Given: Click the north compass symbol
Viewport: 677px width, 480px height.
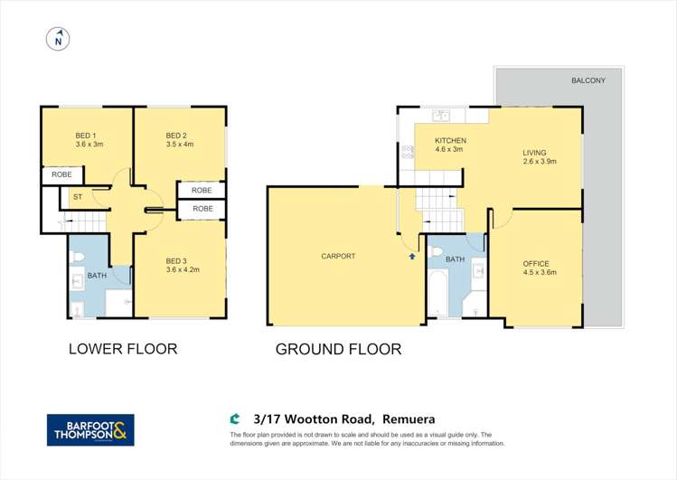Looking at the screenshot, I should [x=58, y=39].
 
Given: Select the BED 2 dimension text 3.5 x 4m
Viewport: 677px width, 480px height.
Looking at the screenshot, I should [x=180, y=145].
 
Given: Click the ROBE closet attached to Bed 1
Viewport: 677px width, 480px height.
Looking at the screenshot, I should [x=61, y=174].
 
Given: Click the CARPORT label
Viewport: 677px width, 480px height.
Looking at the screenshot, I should [x=338, y=256].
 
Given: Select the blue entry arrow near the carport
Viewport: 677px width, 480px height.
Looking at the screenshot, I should [x=412, y=256].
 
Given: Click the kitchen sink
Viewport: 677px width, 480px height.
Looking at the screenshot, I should [x=442, y=116].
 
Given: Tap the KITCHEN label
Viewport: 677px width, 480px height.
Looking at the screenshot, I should [x=450, y=141].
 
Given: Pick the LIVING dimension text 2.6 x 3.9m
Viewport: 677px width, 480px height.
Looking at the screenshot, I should [x=540, y=162].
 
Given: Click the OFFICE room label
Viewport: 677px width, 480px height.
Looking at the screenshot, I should [x=535, y=263].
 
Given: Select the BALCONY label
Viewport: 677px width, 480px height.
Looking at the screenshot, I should [x=588, y=80].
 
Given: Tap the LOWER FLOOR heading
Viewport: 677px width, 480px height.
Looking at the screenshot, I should [x=123, y=349].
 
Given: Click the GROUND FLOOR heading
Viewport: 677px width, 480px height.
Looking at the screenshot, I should [x=338, y=349].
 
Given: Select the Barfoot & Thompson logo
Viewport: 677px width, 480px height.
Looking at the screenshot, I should [x=90, y=430].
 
